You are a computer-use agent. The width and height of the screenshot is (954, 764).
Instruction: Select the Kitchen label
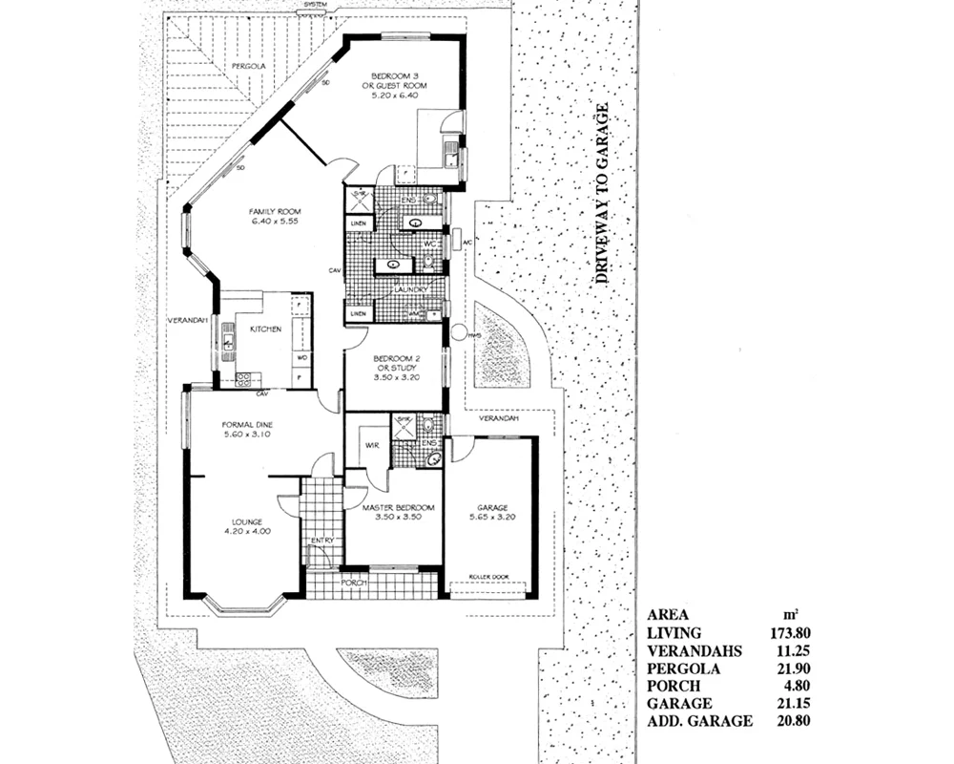(x=264, y=329)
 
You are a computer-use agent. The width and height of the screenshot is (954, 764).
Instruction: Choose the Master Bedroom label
(x=398, y=513)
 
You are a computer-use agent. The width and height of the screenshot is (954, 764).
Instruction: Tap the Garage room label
(x=492, y=513)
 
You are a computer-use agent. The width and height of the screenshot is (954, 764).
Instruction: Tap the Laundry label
(x=397, y=289)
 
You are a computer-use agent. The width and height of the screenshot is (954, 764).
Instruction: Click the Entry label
(x=321, y=541)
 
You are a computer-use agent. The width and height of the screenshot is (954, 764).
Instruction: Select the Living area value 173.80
(x=791, y=632)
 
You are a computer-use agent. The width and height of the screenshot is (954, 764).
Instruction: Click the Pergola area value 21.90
(x=794, y=668)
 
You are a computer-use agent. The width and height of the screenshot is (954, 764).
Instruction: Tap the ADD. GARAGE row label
(x=699, y=721)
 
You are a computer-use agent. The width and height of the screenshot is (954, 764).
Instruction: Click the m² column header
(x=791, y=614)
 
